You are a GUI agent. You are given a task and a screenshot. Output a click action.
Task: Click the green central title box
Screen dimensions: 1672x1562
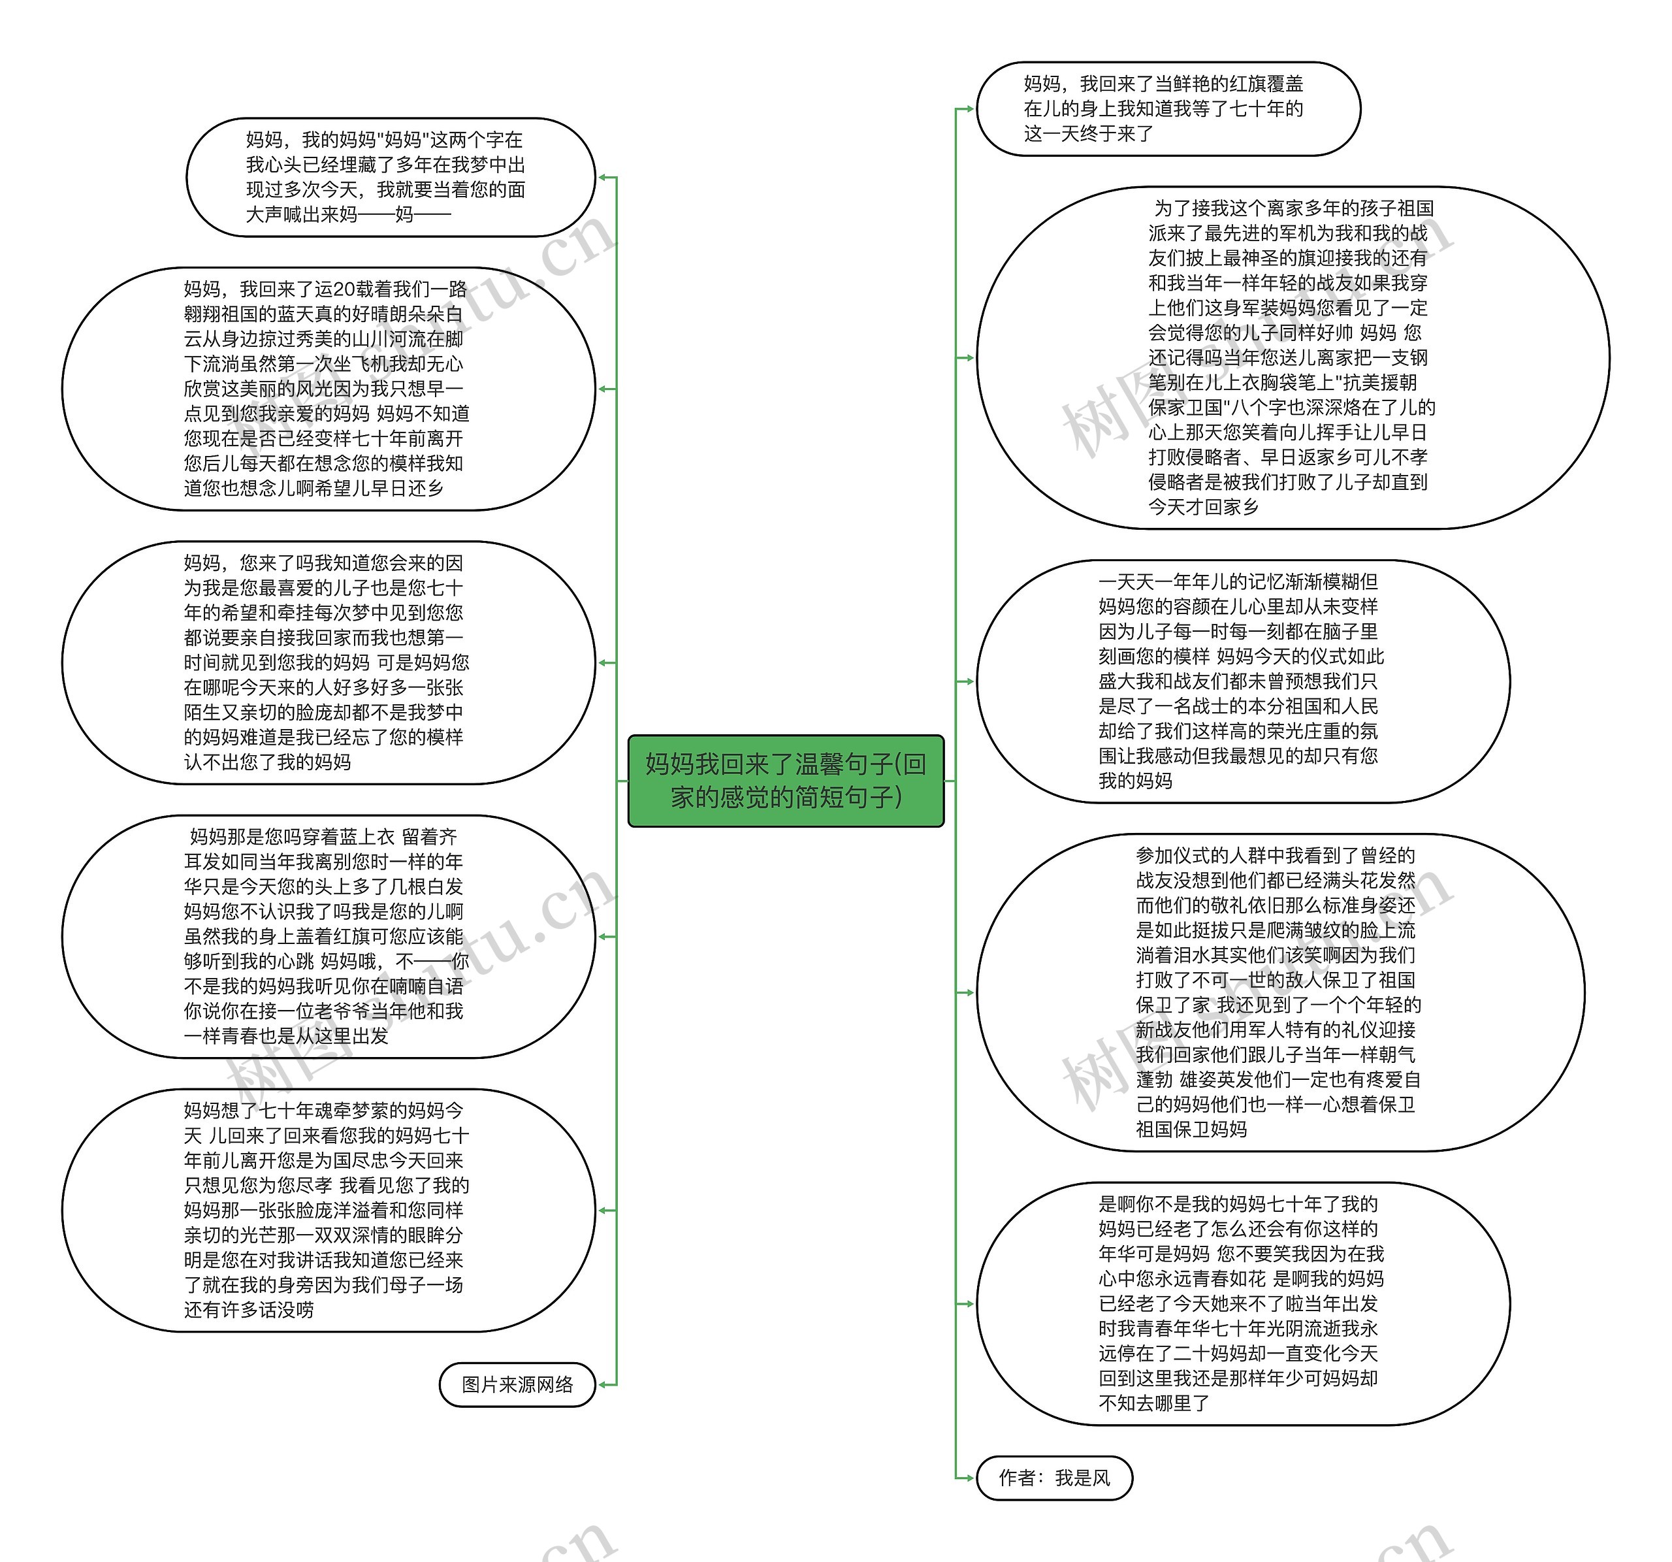point(786,780)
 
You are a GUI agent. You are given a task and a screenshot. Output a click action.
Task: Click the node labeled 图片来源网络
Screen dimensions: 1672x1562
point(517,1384)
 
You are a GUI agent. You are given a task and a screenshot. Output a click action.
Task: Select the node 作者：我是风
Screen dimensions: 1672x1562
point(1054,1477)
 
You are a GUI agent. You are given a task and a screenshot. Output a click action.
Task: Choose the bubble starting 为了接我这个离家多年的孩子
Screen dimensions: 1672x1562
point(1292,357)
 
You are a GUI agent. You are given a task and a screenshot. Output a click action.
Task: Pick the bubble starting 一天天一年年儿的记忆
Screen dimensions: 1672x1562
point(1242,681)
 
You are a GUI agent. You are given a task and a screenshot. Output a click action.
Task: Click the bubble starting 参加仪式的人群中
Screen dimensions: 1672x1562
point(1279,992)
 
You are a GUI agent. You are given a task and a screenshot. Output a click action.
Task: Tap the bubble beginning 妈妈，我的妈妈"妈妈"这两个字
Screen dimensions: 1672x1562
point(391,178)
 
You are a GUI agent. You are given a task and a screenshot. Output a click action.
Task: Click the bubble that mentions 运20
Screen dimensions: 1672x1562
point(328,389)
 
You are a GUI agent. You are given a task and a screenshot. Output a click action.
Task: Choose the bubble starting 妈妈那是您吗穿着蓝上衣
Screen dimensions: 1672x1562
point(328,936)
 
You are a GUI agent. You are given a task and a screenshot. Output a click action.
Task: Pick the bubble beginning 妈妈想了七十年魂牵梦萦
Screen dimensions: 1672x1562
point(328,1210)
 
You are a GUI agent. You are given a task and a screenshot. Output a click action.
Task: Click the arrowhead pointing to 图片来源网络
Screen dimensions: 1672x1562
point(602,1384)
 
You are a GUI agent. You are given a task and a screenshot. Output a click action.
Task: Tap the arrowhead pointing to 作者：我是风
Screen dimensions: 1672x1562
point(968,1477)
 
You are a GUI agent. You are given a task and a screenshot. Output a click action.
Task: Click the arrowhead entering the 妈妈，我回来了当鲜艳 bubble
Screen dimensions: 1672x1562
point(968,108)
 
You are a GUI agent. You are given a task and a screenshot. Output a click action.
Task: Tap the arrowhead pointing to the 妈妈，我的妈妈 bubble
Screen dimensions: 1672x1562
point(602,178)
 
